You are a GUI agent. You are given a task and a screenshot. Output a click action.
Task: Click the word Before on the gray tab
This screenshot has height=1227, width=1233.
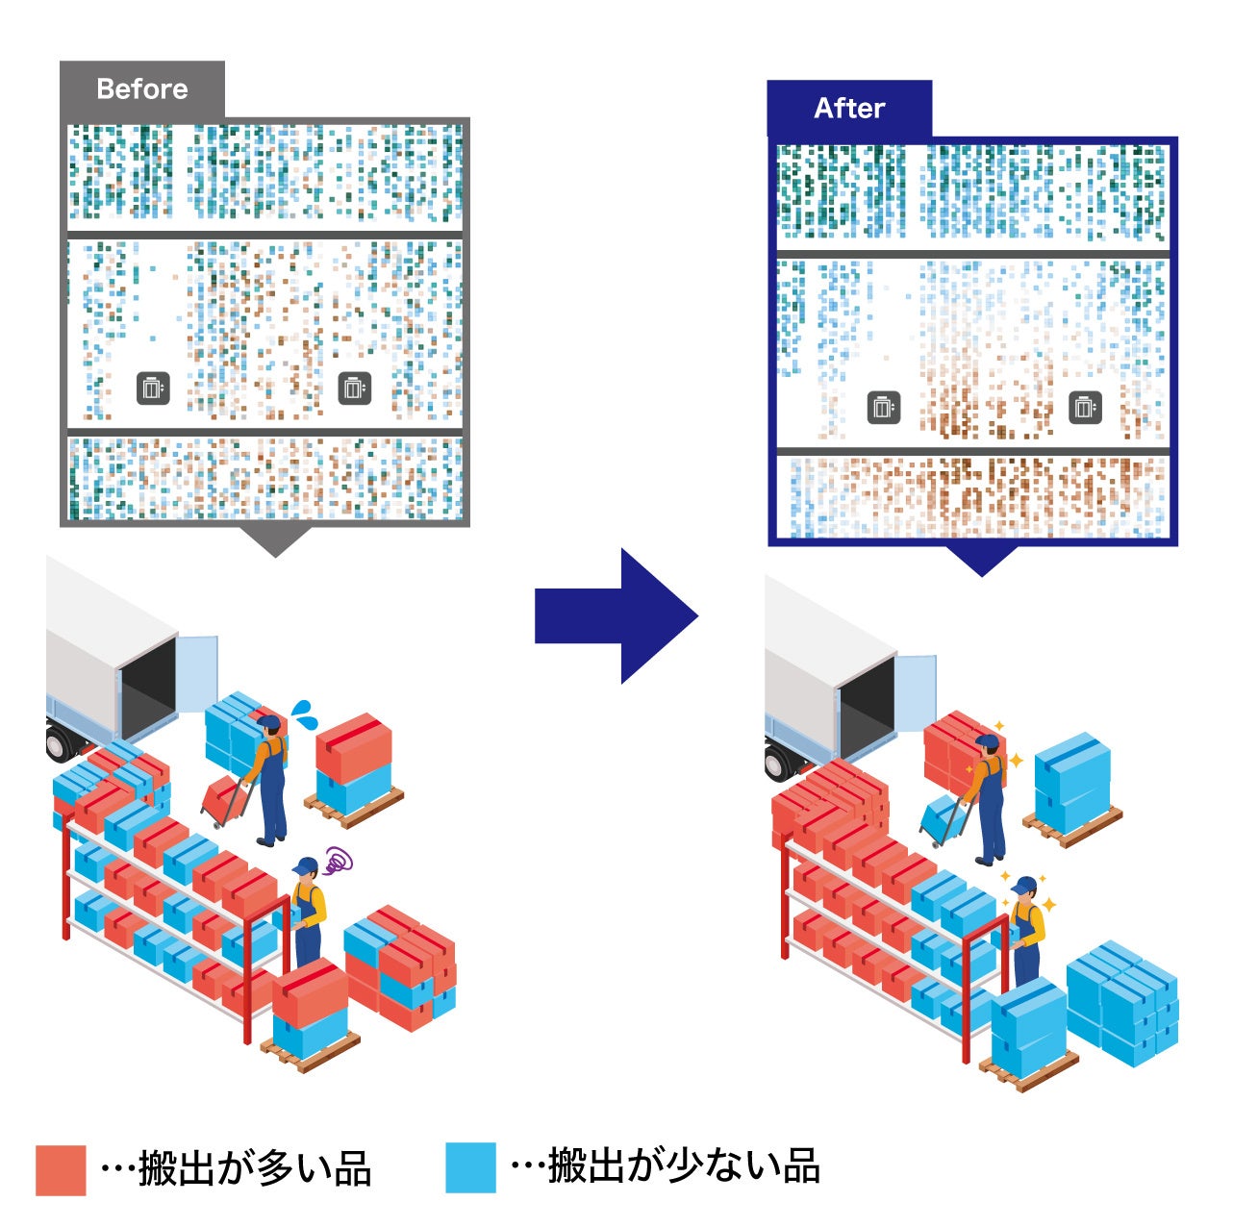click(142, 89)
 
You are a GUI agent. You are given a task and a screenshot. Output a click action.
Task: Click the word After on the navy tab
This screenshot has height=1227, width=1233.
click(849, 108)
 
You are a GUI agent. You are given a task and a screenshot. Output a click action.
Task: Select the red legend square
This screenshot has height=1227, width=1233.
click(61, 1169)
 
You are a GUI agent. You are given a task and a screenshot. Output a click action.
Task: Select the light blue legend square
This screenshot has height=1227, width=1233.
click(471, 1167)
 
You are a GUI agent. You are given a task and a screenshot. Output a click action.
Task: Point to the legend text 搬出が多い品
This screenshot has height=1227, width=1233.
click(254, 1169)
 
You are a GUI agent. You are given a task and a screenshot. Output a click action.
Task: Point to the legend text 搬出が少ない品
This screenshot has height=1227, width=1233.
click(683, 1166)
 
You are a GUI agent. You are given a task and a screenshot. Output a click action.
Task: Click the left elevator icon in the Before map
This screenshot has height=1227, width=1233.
click(153, 388)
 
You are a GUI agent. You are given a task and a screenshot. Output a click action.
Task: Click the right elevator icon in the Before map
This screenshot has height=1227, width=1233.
click(355, 388)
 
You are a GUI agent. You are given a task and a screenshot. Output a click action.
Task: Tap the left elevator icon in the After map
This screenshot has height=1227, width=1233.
click(884, 408)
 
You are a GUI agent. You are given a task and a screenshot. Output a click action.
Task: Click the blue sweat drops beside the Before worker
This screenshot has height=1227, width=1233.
click(306, 714)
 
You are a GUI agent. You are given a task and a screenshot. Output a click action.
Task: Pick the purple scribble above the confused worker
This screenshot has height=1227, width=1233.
click(337, 860)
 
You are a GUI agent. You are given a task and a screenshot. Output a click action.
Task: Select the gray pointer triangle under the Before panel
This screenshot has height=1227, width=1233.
click(275, 540)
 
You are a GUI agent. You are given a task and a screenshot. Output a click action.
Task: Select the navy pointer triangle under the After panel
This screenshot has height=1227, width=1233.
click(981, 560)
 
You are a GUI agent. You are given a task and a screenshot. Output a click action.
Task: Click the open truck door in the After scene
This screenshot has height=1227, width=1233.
click(916, 690)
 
